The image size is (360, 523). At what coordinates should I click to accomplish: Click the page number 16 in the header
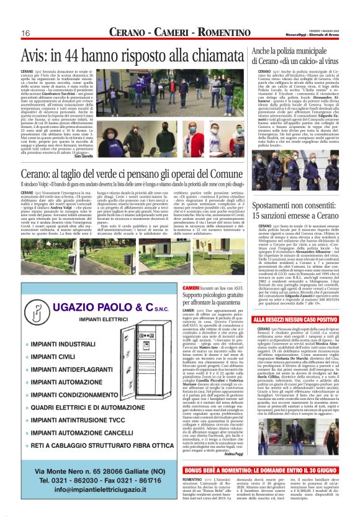pos(25,32)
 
